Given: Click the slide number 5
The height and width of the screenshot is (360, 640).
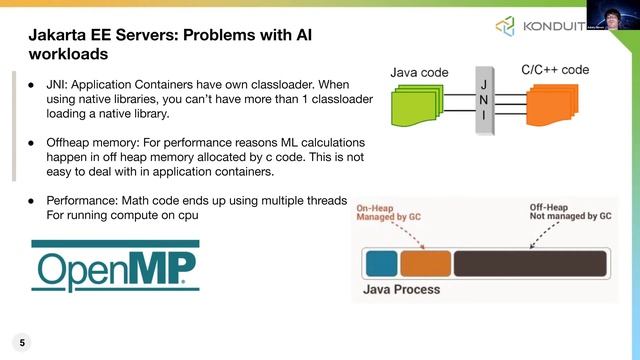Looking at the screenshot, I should tap(22, 342).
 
